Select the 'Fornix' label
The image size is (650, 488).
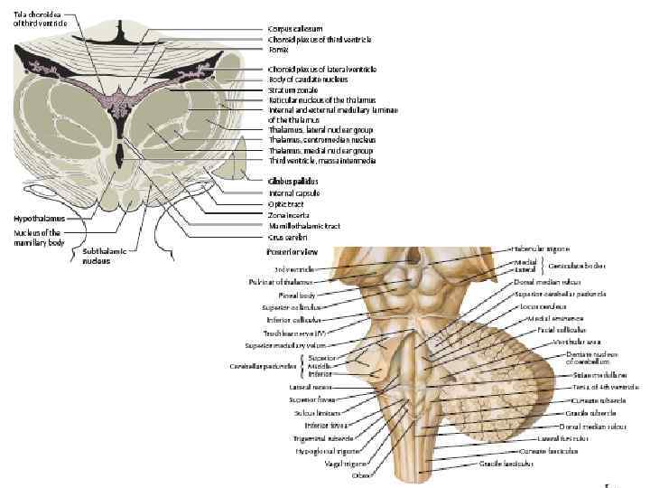tap(278, 50)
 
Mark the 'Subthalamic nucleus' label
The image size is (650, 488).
tap(97, 256)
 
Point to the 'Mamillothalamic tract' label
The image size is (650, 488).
tap(303, 226)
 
